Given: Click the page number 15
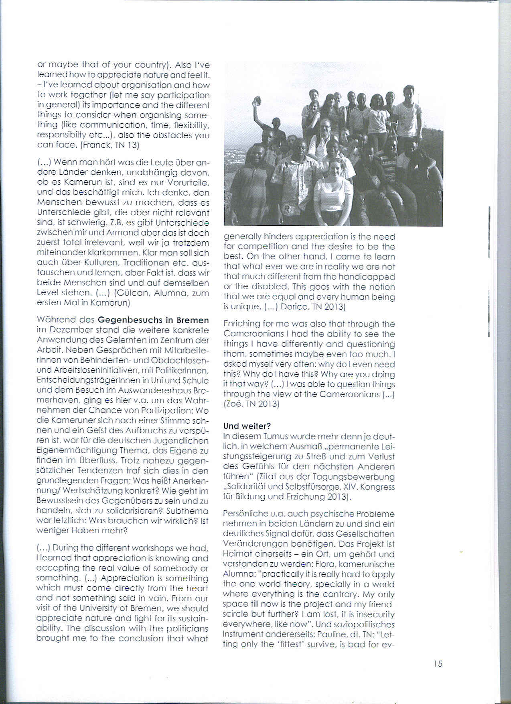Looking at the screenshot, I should point(438,663).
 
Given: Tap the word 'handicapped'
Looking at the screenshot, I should point(371,277).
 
